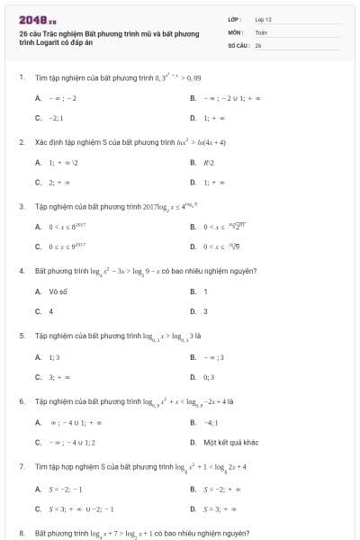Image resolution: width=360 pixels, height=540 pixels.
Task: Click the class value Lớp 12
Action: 263,18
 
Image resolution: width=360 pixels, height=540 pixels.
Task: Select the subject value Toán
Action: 261,31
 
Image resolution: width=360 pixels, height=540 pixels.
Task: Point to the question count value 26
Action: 258,44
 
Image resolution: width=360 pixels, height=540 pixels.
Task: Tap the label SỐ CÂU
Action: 237,44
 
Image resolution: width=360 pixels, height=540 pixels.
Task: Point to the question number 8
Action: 20,533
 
